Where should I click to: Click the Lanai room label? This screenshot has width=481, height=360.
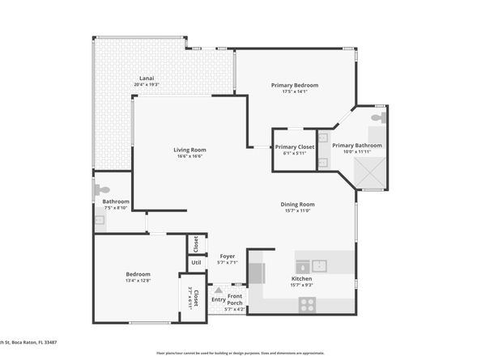(x=146, y=78)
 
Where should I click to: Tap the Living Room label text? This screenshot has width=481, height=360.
(x=189, y=150)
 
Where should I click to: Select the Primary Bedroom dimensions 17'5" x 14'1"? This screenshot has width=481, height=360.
(x=294, y=92)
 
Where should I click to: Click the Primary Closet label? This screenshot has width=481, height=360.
(x=294, y=146)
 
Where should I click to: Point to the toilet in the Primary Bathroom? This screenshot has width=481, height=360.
(x=377, y=118)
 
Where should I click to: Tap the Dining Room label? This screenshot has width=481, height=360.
(x=297, y=205)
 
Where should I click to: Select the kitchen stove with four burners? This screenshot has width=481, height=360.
(x=308, y=304)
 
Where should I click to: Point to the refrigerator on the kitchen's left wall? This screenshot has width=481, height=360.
(x=256, y=272)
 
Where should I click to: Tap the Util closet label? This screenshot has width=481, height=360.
(x=196, y=262)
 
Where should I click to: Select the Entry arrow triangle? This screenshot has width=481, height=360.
(x=218, y=287)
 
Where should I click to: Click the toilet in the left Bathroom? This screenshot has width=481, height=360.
(x=102, y=189)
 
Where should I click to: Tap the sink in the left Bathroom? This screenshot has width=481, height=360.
(x=100, y=219)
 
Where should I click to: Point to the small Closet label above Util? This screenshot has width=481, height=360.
(x=195, y=243)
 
